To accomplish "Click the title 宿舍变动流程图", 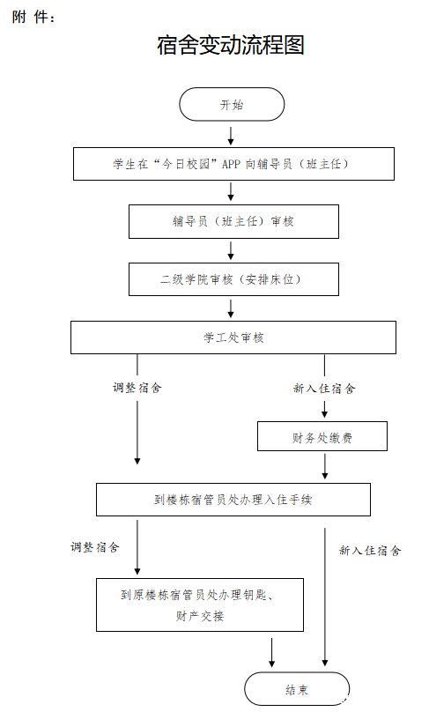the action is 231,45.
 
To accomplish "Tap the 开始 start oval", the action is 232,105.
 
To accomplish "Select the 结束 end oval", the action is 297,689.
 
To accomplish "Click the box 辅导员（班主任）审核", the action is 233,221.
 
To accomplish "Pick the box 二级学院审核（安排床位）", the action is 233,279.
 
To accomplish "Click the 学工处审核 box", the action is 233,337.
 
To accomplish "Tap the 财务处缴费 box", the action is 322,436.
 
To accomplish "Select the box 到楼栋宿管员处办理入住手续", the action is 233,500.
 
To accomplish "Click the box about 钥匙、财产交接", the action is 200,604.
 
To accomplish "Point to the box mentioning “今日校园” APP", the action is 233,164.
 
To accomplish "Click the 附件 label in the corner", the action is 33,18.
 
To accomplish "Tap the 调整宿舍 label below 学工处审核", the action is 137,388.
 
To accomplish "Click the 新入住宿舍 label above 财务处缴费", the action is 324,389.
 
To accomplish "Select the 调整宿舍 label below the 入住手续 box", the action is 95,547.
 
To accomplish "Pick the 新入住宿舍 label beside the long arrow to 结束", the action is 370,551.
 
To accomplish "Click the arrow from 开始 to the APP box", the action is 231,136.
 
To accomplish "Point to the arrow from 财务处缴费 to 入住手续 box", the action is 324,466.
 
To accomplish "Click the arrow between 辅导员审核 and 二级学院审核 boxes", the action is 231,250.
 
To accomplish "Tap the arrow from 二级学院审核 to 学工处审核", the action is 231,308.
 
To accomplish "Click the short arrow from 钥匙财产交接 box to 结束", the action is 271,652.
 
